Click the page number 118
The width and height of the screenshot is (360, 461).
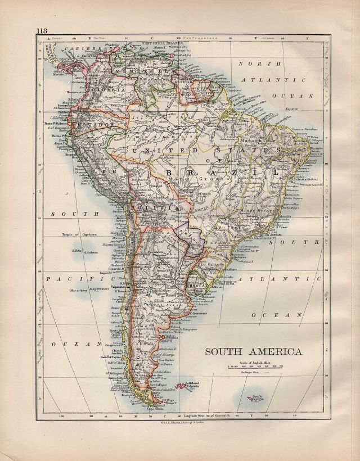[43, 30]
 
